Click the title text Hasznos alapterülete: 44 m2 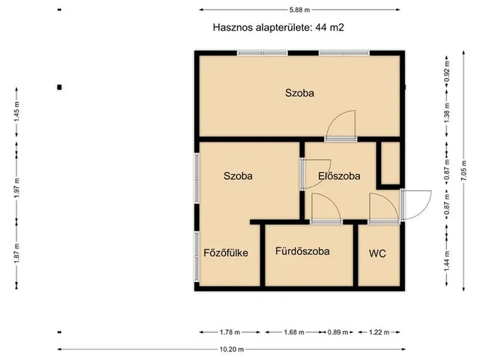point(279,26)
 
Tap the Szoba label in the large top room point(298,94)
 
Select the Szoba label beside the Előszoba point(238,176)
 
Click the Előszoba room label point(339,176)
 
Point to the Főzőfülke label point(226,252)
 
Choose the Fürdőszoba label point(302,251)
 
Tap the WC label point(377,253)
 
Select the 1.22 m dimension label point(381,332)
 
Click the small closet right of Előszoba point(390,162)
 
